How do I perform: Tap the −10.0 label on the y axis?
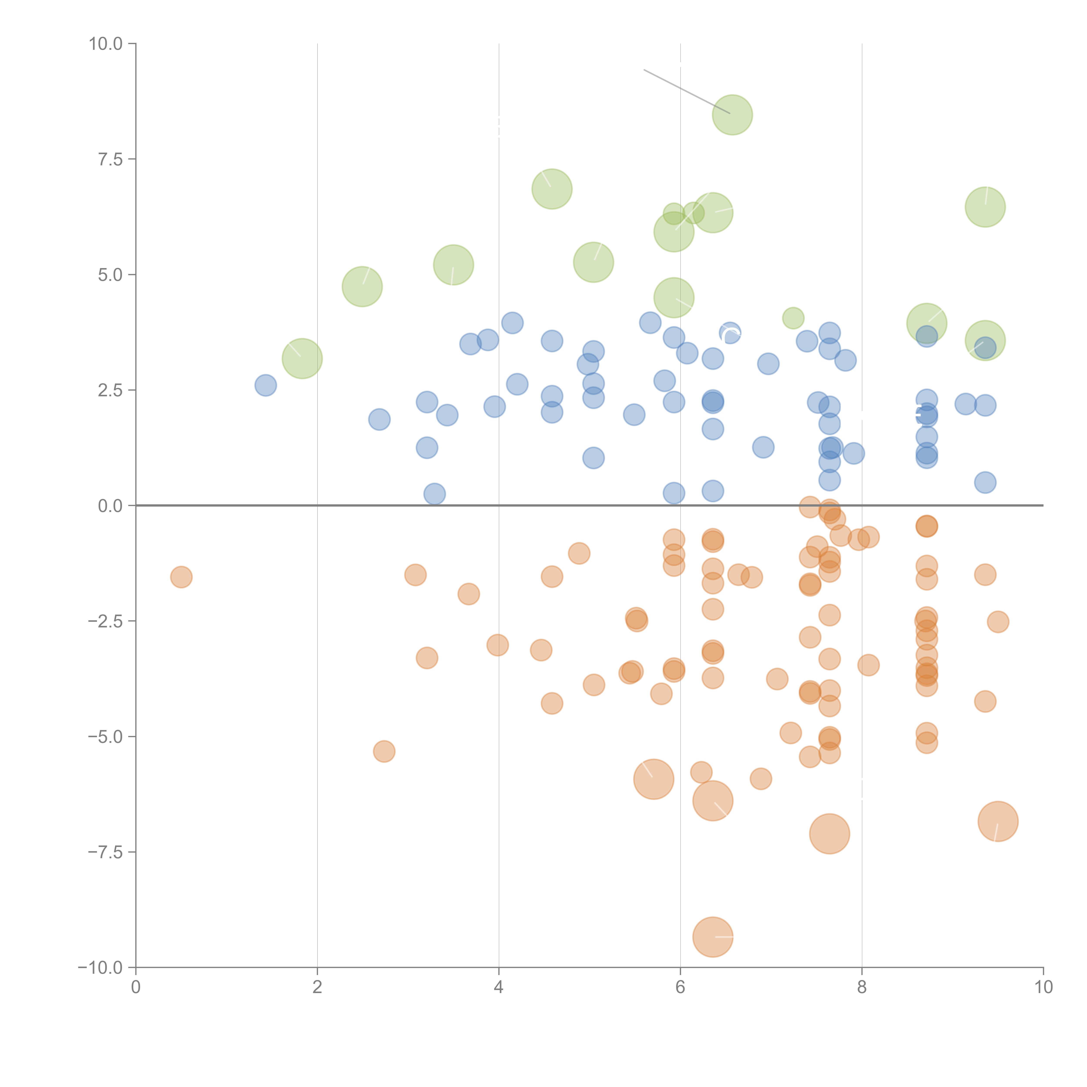coord(100,968)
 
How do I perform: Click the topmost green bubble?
coord(732,115)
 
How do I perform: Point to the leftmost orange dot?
coord(181,577)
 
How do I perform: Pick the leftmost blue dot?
coord(266,385)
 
